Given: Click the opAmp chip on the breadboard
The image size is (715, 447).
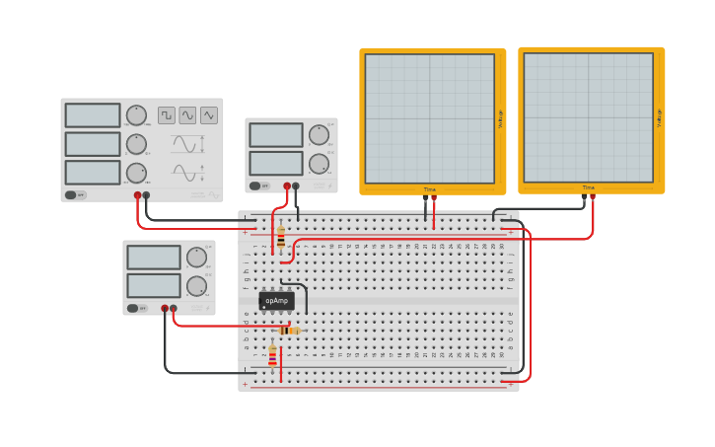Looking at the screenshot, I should (276, 301).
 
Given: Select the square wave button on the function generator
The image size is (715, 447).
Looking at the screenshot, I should (167, 115).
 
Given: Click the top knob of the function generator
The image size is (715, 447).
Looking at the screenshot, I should (136, 115).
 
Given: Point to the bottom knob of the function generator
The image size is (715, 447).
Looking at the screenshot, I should (136, 173).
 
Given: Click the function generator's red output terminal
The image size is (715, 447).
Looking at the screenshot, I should (137, 195).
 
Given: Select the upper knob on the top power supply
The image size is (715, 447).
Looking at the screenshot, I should (318, 135).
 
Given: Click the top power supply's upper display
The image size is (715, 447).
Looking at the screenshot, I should (276, 135).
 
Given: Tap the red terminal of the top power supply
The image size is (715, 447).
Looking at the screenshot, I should (287, 186).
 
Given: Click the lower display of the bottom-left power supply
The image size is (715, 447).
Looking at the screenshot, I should (154, 285).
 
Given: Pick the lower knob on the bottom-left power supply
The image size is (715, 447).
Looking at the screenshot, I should (196, 286).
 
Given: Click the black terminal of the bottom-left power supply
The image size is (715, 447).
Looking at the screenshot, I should (165, 309).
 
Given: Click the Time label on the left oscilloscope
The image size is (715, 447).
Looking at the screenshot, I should (430, 188).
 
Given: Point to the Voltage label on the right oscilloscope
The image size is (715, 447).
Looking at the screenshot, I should (659, 118).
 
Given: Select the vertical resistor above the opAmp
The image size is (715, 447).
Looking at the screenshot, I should (281, 237).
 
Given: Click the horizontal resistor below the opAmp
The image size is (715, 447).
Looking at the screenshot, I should (288, 331).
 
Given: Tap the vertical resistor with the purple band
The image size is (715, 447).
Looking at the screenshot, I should (273, 356).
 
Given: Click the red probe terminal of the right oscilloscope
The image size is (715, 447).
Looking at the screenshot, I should (592, 196).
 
